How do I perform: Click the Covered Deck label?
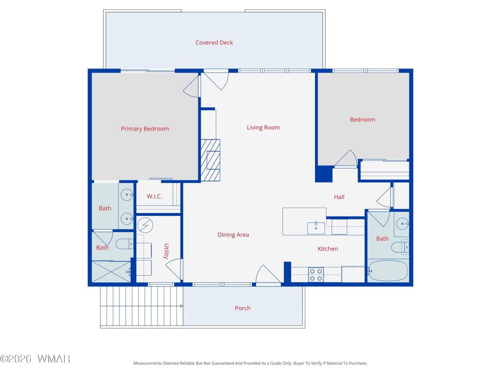coord(214,43)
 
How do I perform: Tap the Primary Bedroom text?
coord(145,129)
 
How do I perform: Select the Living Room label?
coord(263,128)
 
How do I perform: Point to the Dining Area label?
coord(233,235)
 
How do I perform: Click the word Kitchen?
coord(327,249)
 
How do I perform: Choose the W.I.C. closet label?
coord(154,196)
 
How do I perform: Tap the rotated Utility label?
coord(166,251)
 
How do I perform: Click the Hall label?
coord(339,197)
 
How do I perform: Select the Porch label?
coord(243,308)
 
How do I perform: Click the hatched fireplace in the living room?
coord(210,160)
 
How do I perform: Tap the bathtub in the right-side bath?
coord(388,271)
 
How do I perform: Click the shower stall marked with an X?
coord(111,272)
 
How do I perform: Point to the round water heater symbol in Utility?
coord(145,225)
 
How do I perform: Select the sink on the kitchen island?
coord(316,228)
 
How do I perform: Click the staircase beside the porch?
coord(141,306)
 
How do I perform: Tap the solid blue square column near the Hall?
coord(324,174)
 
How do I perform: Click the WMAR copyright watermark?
coord(35,359)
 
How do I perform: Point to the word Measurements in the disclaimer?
coord(148,363)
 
